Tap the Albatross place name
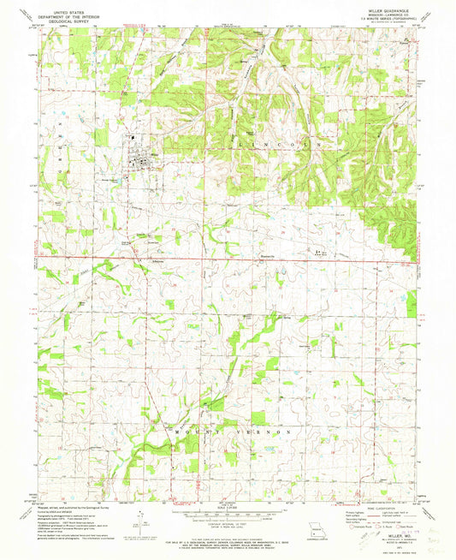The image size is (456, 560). (157, 261)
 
